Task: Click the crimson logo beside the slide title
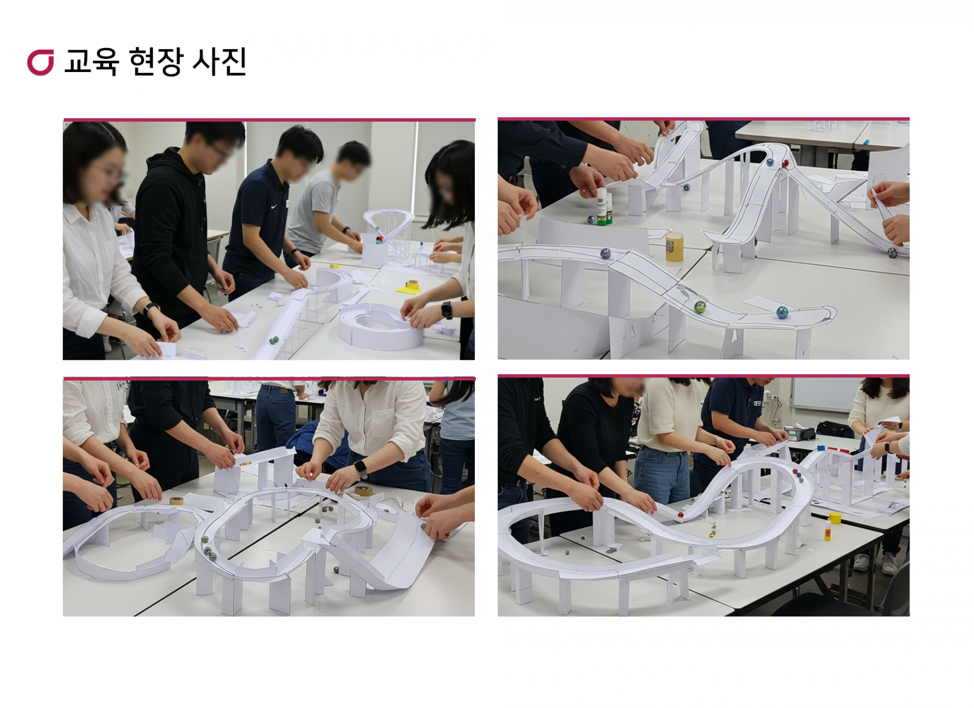[x=41, y=62]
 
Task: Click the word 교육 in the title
[x=92, y=61]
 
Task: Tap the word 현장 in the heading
[x=156, y=61]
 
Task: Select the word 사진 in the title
[x=220, y=61]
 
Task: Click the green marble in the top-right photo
[x=700, y=307]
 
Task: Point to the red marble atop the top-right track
[x=786, y=164]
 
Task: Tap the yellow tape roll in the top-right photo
[x=674, y=247]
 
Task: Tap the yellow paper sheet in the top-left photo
[x=409, y=289]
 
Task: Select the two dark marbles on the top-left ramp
[x=274, y=340]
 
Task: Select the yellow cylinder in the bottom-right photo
[x=835, y=517]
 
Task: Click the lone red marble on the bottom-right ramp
[x=680, y=515]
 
